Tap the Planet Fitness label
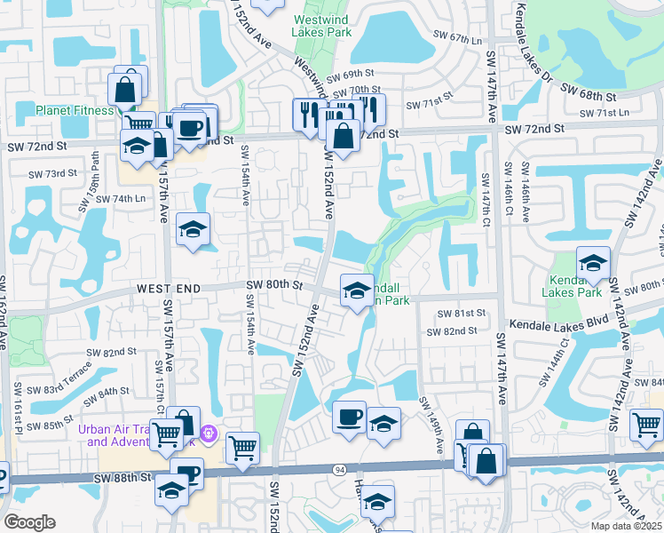pos(75,110)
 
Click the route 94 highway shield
pos(340,468)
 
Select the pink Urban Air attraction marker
pos(209,434)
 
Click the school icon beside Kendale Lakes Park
pos(593,263)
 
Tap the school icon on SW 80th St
pos(357,290)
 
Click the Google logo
pos(29,522)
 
